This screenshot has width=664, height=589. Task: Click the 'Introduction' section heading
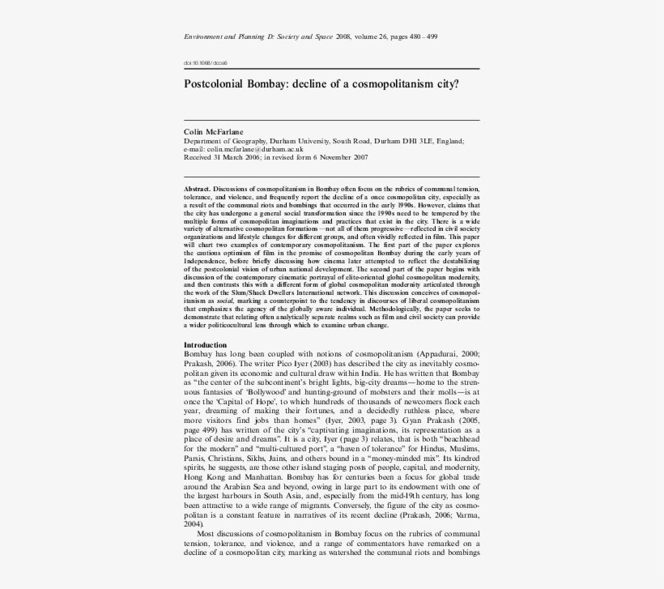206,368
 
